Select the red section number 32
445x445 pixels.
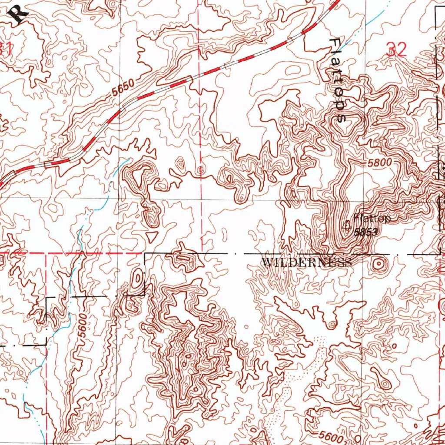396,50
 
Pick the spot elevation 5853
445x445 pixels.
365,232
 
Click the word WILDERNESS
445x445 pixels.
307,262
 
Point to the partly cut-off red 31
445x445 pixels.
5,49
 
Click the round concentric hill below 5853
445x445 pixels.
379,263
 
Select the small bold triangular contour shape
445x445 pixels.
152,236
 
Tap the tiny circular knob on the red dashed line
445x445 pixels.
200,170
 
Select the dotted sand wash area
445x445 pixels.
300,374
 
